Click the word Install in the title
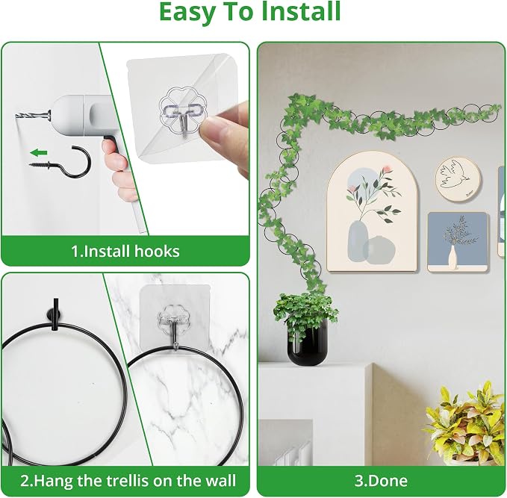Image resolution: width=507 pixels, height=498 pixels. (x=301, y=12)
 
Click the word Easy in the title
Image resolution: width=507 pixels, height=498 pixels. (x=187, y=13)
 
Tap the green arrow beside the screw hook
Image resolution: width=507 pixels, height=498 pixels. (x=39, y=152)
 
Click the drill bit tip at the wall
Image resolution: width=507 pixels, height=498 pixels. (x=16, y=116)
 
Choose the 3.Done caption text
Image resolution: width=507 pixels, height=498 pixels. (x=381, y=481)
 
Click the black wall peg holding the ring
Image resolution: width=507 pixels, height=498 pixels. (x=55, y=314)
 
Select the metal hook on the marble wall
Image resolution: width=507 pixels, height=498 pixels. (x=172, y=326)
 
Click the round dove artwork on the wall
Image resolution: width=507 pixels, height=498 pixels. (x=458, y=179)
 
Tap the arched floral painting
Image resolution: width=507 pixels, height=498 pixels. (x=372, y=212)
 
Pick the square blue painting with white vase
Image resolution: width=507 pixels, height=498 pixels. (x=458, y=242)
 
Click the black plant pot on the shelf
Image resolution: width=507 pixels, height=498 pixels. (x=308, y=343)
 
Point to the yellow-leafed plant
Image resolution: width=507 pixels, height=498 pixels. (x=466, y=423)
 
